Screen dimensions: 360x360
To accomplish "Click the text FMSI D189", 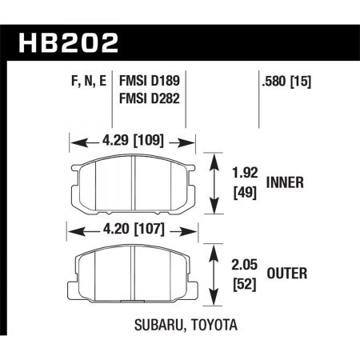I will (149, 80).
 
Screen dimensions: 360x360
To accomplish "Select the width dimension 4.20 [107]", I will (134, 233).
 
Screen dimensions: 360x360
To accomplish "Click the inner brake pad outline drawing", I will (133, 185).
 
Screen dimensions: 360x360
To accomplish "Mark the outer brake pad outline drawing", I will (133, 276).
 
